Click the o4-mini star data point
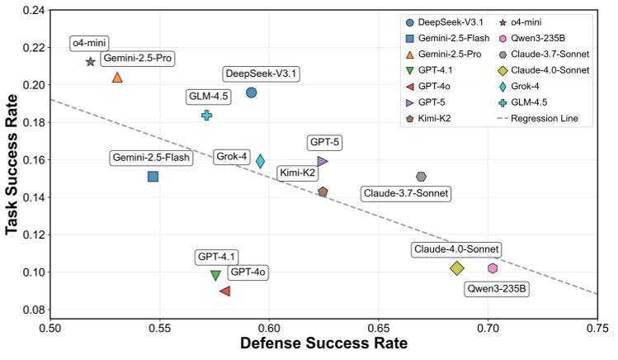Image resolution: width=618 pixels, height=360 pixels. click(91, 62)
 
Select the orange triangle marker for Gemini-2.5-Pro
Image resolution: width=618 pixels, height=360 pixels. click(117, 78)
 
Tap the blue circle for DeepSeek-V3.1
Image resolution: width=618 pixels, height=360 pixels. click(252, 92)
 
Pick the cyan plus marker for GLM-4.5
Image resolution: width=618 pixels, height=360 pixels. click(207, 116)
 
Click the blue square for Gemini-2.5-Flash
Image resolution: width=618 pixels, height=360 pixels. click(153, 176)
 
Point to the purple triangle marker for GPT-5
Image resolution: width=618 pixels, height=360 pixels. click(323, 161)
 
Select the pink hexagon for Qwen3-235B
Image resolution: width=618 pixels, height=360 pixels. click(493, 268)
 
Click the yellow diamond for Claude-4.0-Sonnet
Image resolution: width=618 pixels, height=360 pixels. click(457, 268)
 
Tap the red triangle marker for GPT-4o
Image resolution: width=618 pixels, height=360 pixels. click(225, 291)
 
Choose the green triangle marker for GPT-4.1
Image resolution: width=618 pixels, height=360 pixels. click(215, 275)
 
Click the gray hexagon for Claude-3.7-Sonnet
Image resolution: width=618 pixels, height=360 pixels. click(421, 177)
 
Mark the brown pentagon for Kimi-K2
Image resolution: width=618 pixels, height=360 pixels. click(323, 192)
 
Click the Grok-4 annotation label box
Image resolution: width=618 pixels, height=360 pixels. click(231, 156)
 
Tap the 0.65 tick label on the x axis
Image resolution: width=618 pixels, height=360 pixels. click(378, 328)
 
